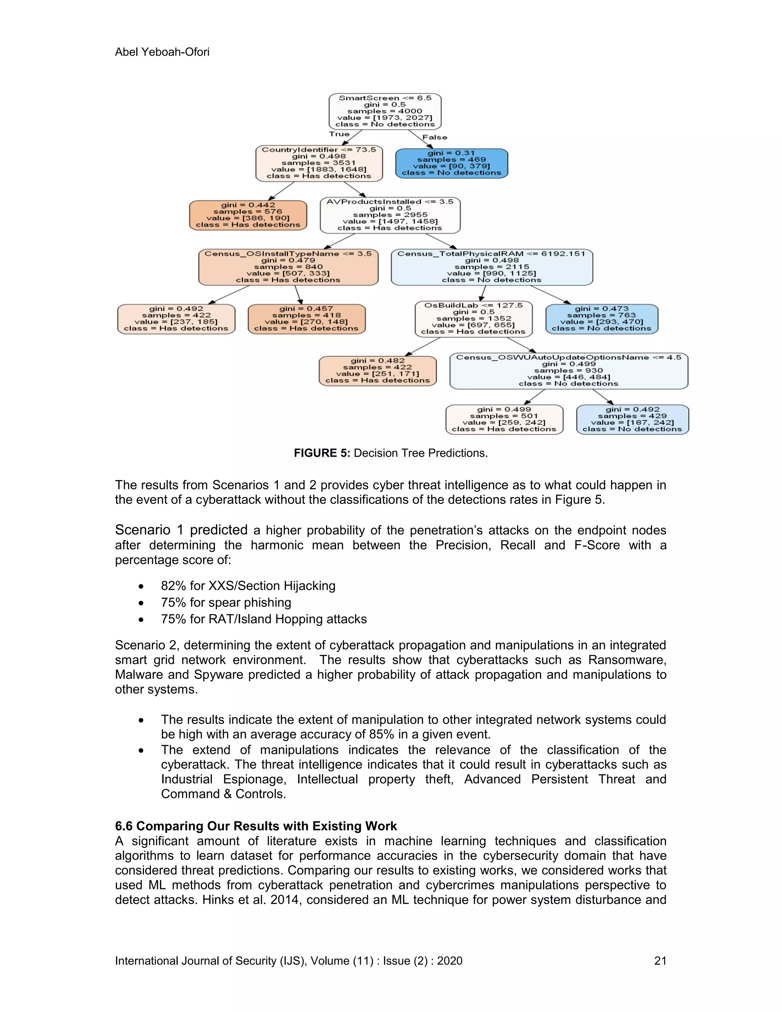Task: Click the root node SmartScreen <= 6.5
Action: (385, 111)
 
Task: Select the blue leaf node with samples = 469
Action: (451, 163)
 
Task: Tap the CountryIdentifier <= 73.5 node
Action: (319, 163)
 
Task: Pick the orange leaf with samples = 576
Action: (248, 215)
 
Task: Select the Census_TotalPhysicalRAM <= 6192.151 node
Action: (491, 267)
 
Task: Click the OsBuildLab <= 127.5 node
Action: (473, 319)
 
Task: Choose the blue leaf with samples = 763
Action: (601, 319)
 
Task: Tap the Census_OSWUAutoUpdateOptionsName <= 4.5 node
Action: (569, 371)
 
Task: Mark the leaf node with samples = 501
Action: (504, 419)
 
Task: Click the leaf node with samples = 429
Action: (632, 419)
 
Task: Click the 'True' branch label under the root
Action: (339, 134)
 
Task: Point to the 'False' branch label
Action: (435, 137)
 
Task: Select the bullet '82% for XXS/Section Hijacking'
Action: (248, 586)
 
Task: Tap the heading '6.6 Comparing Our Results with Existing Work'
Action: (256, 826)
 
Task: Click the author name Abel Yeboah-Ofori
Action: (162, 52)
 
